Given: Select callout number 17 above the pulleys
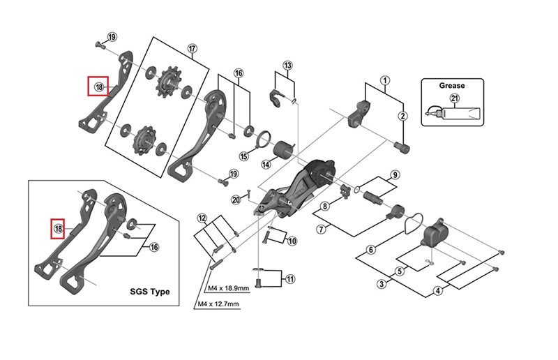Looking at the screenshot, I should click(x=193, y=48).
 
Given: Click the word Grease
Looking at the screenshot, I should click(x=451, y=85).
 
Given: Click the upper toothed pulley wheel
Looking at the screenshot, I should click(x=168, y=87).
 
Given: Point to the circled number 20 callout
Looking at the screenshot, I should click(x=236, y=200).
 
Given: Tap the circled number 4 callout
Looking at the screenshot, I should click(x=437, y=291).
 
